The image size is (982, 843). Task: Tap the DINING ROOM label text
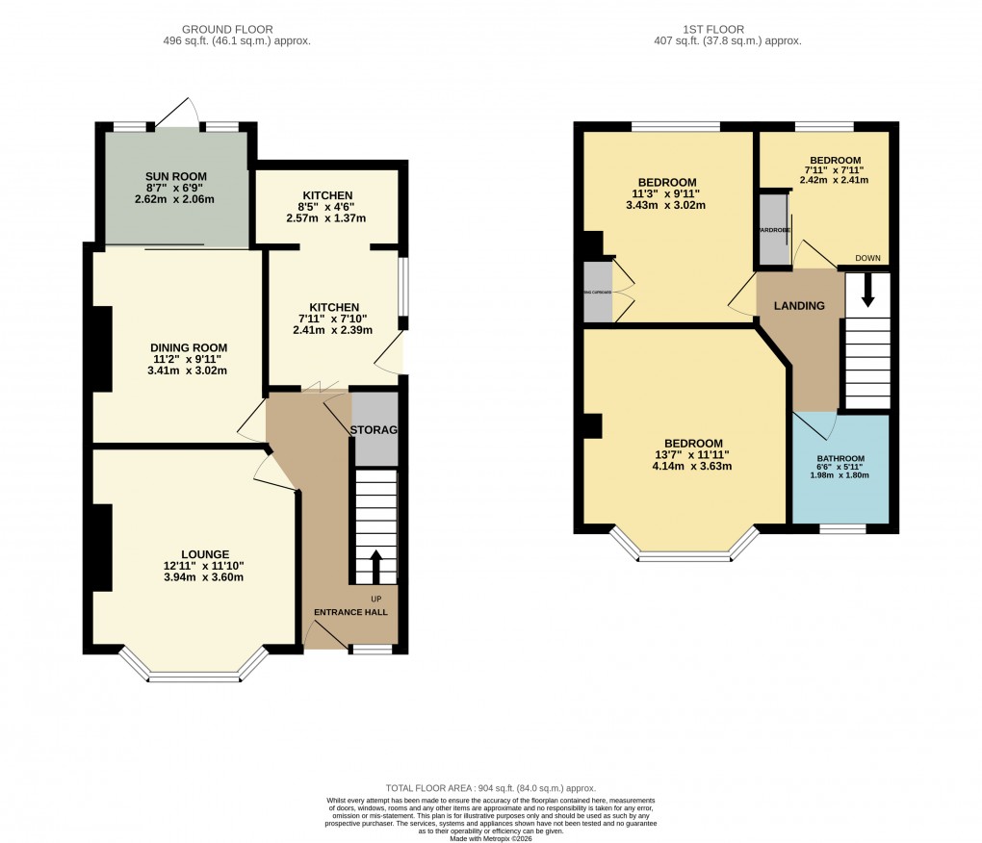click(188, 347)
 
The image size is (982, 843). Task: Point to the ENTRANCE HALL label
click(349, 611)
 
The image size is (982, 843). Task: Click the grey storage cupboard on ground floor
click(375, 428)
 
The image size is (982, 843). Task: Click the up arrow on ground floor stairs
click(375, 566)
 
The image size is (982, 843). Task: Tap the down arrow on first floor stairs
click(867, 290)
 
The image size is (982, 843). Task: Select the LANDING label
click(800, 306)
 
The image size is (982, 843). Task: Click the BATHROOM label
click(840, 458)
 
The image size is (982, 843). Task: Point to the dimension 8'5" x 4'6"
click(326, 206)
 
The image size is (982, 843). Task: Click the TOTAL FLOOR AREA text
click(490, 787)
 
